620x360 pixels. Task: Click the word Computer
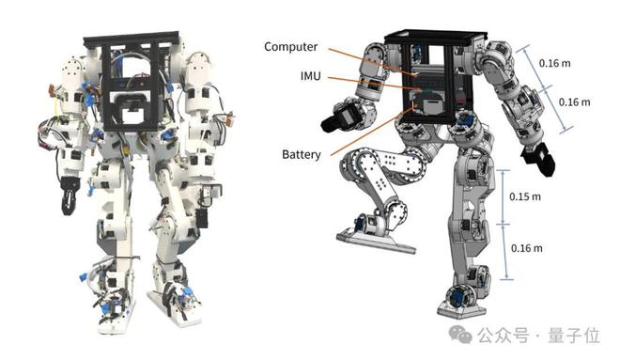(290, 47)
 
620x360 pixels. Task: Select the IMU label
(310, 76)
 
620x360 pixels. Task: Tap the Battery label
(302, 154)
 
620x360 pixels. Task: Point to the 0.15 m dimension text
(525, 196)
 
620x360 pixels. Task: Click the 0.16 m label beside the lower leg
(527, 248)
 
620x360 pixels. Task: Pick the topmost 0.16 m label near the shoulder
(555, 63)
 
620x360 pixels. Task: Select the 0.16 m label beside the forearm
(575, 102)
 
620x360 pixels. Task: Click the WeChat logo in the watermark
(460, 335)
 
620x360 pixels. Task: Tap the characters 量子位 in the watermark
(574, 336)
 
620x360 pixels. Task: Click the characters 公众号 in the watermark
(503, 336)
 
